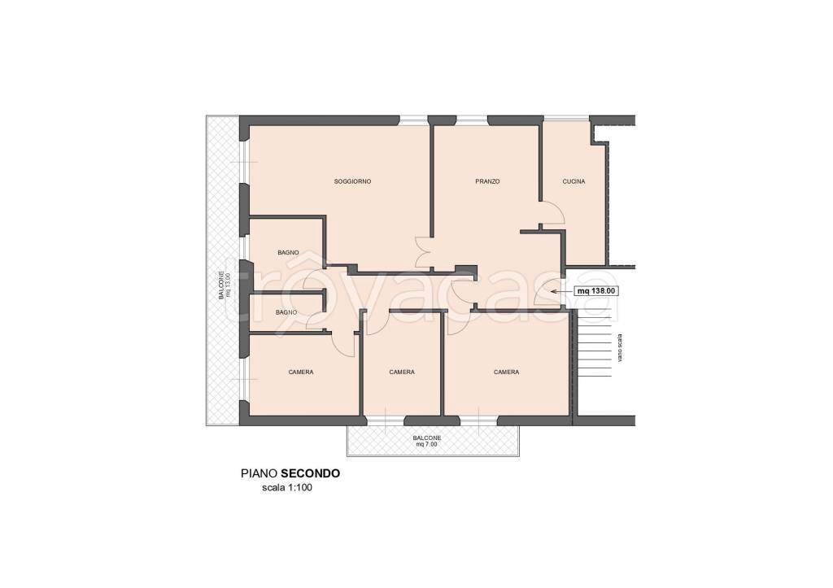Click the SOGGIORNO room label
[352, 181]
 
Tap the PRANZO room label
[487, 181]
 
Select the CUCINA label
[574, 181]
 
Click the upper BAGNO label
[288, 253]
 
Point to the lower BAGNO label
[286, 312]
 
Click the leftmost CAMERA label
[301, 372]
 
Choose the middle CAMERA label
[402, 372]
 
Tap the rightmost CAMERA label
[506, 372]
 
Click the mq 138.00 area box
[596, 291]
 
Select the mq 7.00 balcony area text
[426, 445]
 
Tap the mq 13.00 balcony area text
[229, 285]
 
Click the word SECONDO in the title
[310, 473]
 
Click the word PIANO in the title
[259, 473]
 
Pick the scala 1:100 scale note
[287, 488]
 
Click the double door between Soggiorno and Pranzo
[422, 252]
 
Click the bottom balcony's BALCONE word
[427, 438]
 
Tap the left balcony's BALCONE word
[221, 285]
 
